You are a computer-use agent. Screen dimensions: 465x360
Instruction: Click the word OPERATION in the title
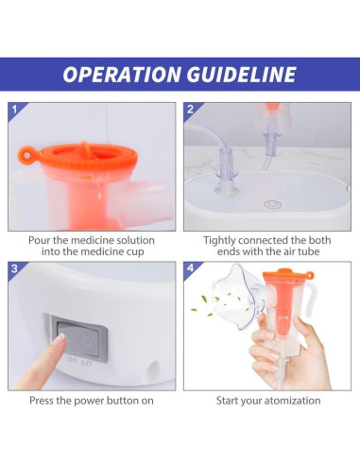point(121,75)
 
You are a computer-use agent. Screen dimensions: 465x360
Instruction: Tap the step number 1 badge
point(14,110)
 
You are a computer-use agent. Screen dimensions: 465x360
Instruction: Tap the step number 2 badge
point(191,110)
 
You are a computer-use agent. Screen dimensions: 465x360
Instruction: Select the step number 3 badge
point(14,269)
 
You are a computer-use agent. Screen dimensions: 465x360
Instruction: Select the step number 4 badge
point(191,269)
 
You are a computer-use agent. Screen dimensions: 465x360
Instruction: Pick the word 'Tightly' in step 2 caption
point(223,240)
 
